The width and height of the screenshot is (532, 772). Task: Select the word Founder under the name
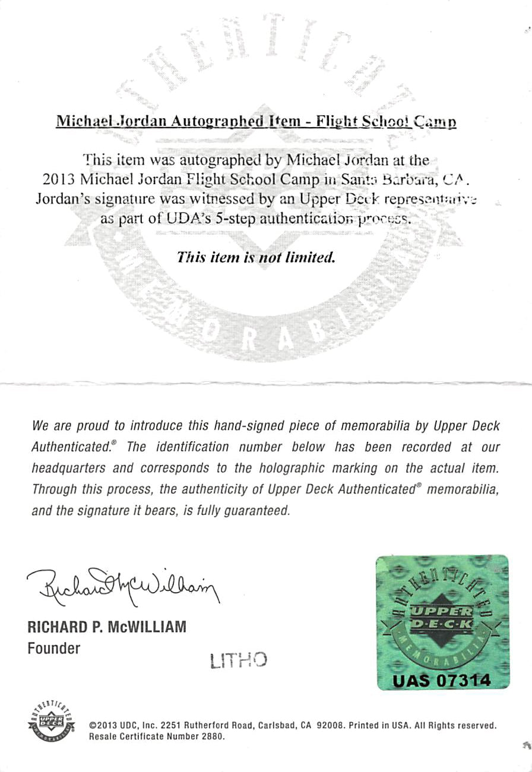53,648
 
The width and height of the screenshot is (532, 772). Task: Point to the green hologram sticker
442,622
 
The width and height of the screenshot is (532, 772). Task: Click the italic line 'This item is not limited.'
256,258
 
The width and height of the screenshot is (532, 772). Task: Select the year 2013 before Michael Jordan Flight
58,178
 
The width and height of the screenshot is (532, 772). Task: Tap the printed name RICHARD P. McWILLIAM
107,627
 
